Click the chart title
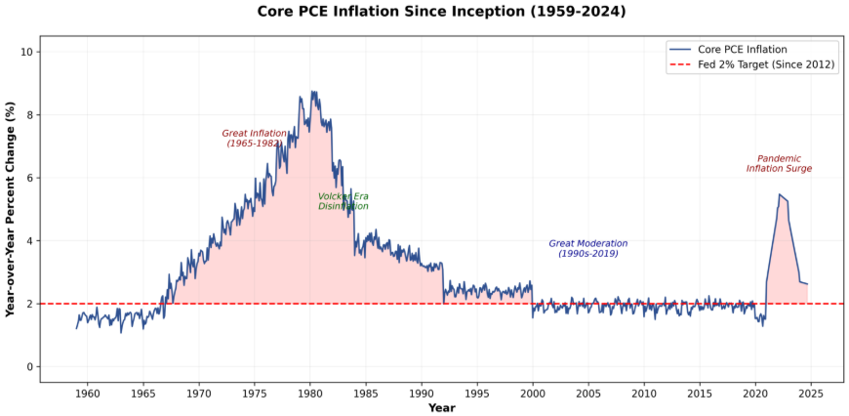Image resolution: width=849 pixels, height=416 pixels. tap(441, 12)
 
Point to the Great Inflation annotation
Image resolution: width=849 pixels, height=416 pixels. tap(255, 138)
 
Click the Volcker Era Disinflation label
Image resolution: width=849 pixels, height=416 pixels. tap(344, 201)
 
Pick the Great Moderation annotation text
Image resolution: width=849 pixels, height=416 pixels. tap(588, 248)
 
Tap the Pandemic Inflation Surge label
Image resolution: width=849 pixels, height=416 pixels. tap(779, 163)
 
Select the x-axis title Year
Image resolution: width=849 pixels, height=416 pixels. tap(441, 407)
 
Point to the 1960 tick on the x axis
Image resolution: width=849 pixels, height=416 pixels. tap(88, 393)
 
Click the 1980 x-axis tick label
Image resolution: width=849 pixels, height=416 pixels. tap(310, 393)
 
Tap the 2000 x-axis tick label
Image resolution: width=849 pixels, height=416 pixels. tap(533, 393)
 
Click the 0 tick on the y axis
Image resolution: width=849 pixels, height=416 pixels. tap(30, 367)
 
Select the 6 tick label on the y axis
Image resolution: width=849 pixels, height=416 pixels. tap(30, 178)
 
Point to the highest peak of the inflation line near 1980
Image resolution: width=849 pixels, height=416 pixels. tap(311, 92)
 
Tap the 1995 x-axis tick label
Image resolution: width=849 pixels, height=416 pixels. tap(477, 393)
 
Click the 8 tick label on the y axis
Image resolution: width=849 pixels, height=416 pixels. tap(30, 115)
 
